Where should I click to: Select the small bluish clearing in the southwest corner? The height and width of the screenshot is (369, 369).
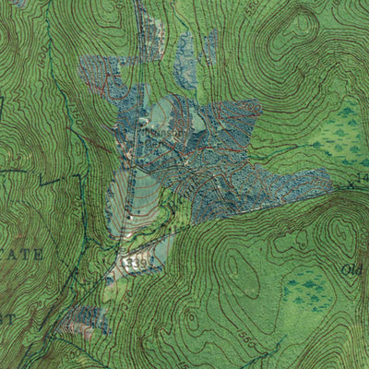[85, 321]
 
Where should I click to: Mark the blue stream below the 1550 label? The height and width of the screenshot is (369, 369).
[258, 355]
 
